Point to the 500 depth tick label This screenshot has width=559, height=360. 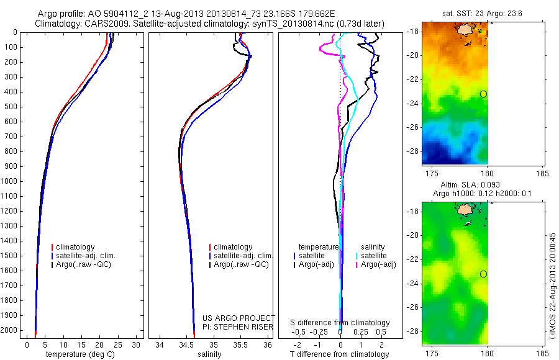click(x=11, y=107)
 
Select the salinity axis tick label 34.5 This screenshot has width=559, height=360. click(x=187, y=344)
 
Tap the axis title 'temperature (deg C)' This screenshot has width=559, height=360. click(x=81, y=354)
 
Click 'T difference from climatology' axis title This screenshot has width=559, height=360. click(x=340, y=354)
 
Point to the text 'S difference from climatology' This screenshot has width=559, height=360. click(x=340, y=323)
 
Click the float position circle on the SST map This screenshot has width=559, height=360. click(x=483, y=94)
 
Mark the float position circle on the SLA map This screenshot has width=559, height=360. click(x=483, y=274)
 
